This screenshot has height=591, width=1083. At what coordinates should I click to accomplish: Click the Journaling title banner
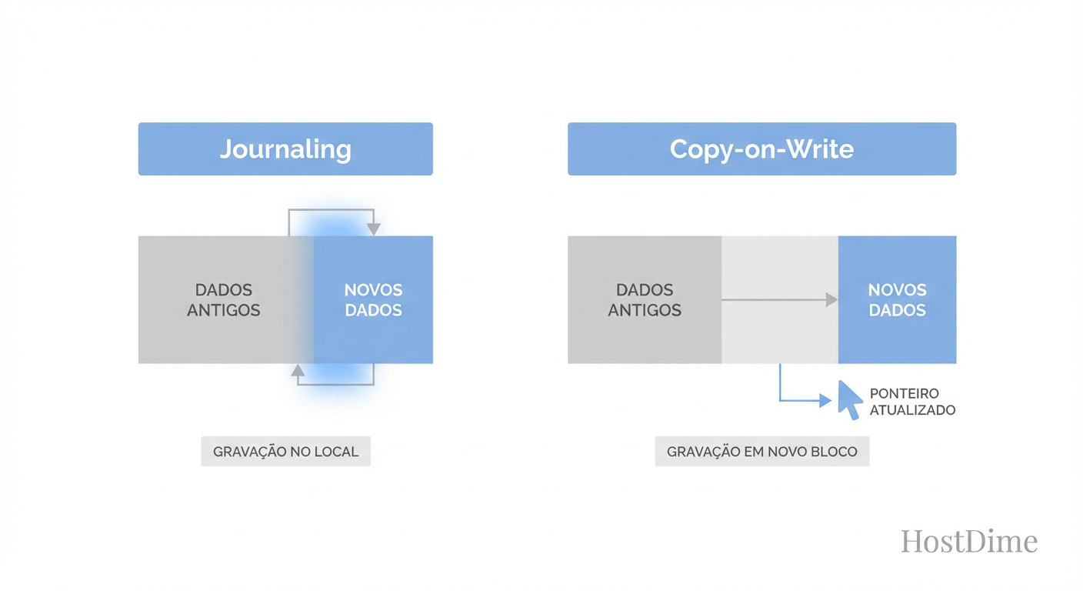click(x=285, y=149)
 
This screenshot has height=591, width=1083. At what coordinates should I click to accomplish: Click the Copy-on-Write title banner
click(x=761, y=149)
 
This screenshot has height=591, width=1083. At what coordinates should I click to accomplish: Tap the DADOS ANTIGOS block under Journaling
click(x=223, y=300)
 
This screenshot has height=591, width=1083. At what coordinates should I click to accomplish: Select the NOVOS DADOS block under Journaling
click(x=374, y=300)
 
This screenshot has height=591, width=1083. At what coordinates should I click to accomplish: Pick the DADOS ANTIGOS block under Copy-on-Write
click(x=645, y=300)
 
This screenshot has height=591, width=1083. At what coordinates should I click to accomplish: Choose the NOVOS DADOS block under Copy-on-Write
click(x=897, y=300)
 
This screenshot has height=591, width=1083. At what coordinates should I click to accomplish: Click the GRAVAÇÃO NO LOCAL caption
click(x=285, y=452)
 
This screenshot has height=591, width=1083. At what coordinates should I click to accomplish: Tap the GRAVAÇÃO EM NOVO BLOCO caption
click(x=761, y=452)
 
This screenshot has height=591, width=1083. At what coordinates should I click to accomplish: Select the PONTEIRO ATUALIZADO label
click(x=912, y=402)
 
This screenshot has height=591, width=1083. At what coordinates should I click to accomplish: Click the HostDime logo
click(x=969, y=541)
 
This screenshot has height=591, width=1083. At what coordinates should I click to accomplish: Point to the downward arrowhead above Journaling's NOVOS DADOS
click(x=374, y=229)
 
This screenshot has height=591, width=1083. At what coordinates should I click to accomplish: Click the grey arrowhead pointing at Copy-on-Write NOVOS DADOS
click(x=831, y=300)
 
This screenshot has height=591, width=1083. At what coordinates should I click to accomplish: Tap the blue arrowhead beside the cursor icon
click(x=825, y=400)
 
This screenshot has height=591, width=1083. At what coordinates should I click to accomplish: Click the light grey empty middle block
click(x=779, y=331)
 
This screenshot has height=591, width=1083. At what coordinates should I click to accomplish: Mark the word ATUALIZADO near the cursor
click(x=912, y=410)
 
